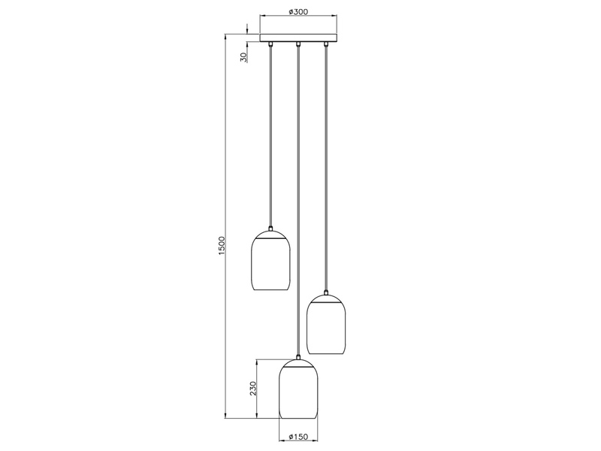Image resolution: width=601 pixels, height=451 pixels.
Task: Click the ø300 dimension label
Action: point(298,11)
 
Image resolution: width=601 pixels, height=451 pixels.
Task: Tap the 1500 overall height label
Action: point(221,247)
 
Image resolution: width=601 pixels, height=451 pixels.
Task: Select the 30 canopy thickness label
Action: point(243,58)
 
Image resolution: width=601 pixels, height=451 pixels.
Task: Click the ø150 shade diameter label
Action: point(298,437)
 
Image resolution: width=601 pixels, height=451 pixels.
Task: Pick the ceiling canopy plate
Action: point(298,38)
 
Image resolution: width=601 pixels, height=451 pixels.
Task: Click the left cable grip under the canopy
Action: point(270,44)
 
